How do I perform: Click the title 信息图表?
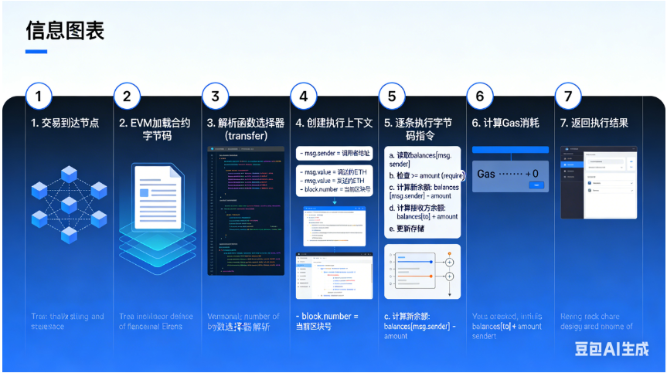[65, 30]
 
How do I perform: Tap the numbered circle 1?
[39, 97]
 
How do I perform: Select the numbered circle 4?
[304, 97]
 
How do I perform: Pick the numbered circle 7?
[569, 97]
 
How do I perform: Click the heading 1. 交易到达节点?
[66, 123]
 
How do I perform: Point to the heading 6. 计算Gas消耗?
[507, 123]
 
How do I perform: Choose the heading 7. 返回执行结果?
[594, 123]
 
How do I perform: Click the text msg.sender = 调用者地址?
[334, 153]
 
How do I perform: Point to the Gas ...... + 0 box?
[509, 174]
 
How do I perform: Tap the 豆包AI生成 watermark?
[611, 348]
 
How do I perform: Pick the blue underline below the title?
[36, 52]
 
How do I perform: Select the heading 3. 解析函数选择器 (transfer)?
[246, 129]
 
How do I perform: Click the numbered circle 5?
[392, 97]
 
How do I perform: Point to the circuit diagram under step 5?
[422, 271]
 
